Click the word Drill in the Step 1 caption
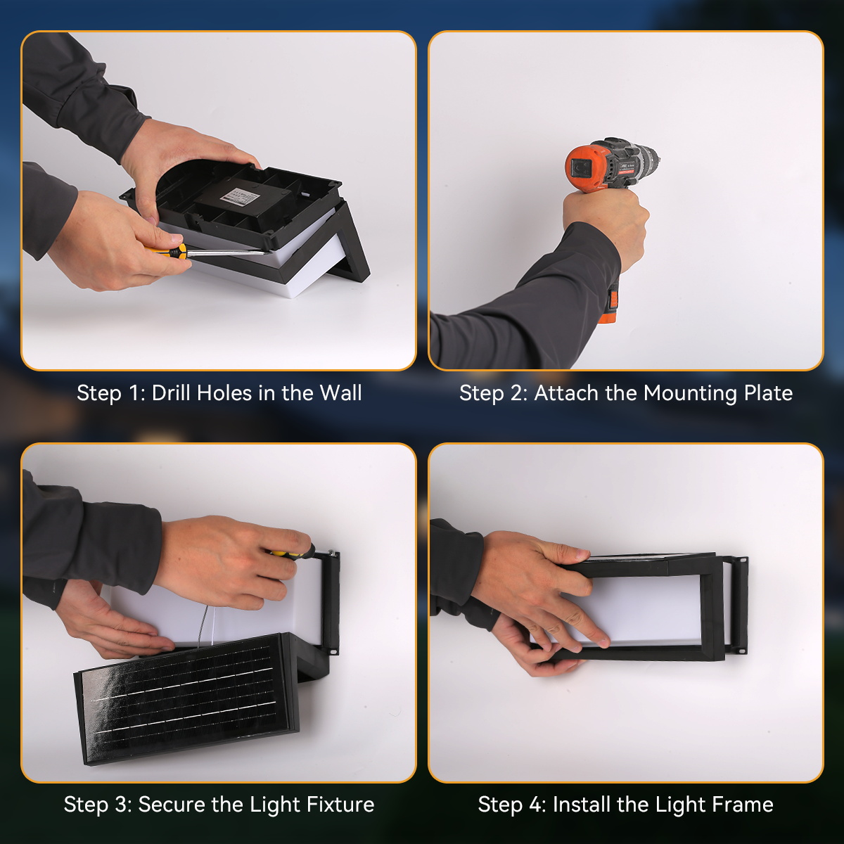point(171,393)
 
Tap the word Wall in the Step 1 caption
point(340,393)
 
